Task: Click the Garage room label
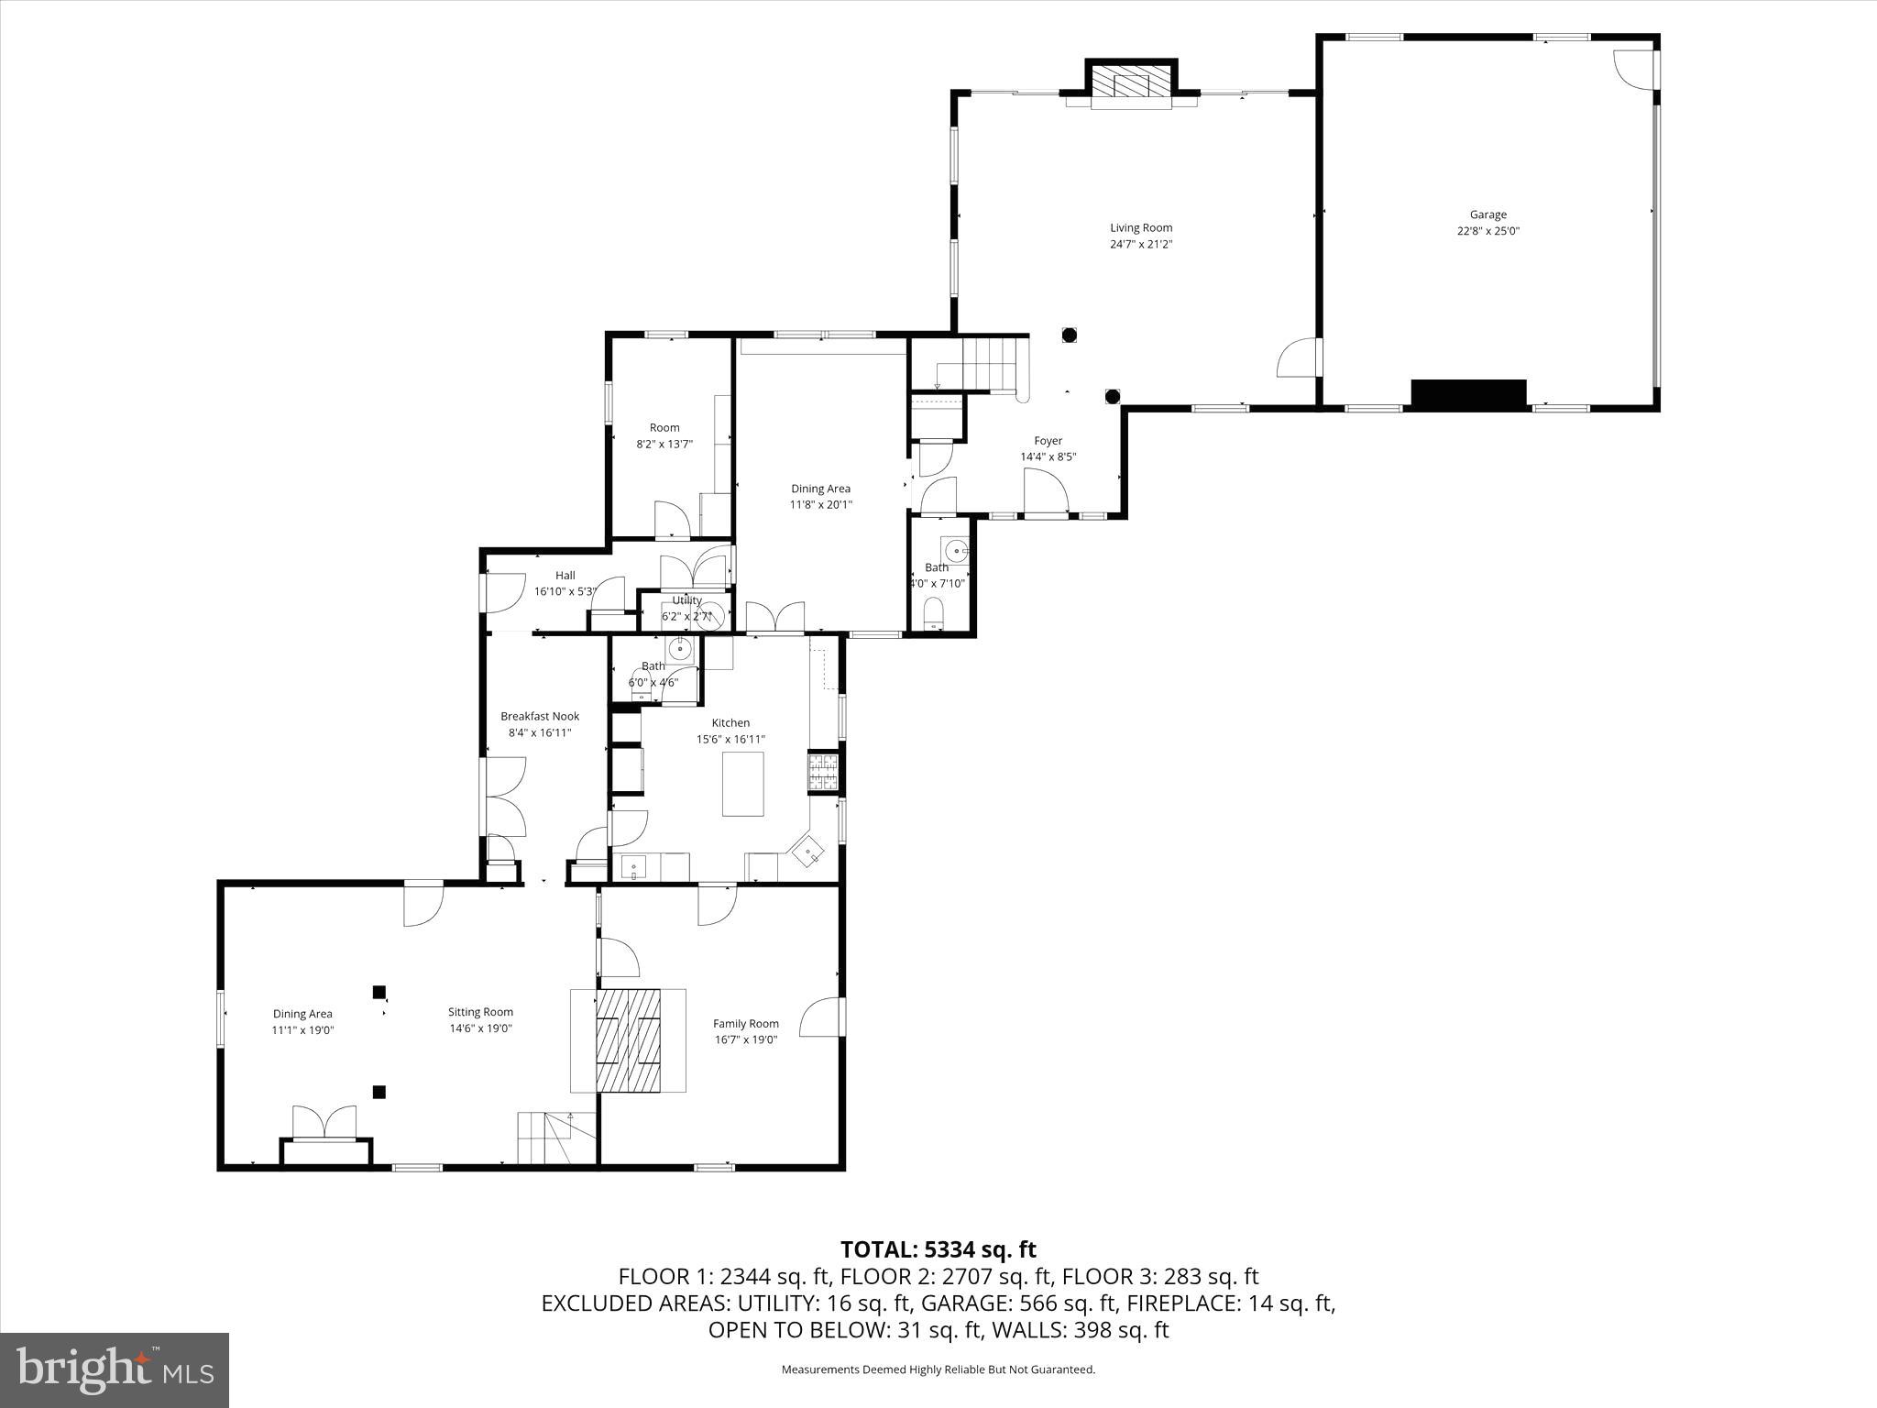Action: point(1487,215)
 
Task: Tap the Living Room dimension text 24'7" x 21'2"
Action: point(1140,245)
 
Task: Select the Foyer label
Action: point(1048,441)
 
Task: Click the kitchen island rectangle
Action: point(742,784)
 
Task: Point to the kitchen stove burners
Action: point(822,772)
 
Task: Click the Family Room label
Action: point(746,1024)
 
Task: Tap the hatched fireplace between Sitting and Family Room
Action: point(629,1040)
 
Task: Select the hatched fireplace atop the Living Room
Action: point(1132,82)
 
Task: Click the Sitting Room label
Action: point(480,1012)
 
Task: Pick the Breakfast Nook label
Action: point(540,716)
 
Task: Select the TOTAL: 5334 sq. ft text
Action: point(938,1249)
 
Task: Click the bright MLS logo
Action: point(115,1371)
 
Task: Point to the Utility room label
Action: point(686,600)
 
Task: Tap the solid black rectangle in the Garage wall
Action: point(1468,394)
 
